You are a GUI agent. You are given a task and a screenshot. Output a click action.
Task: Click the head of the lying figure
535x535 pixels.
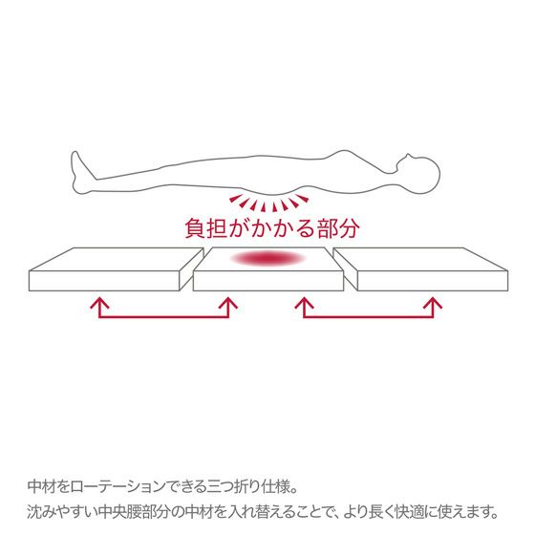(x=419, y=174)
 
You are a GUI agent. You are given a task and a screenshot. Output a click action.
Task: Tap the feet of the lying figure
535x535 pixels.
(x=80, y=173)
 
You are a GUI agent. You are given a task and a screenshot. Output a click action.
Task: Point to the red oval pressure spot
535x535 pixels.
(x=268, y=258)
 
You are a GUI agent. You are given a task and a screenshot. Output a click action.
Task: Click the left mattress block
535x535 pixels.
(x=116, y=269)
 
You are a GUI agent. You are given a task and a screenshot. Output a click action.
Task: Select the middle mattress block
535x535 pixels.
(x=268, y=269)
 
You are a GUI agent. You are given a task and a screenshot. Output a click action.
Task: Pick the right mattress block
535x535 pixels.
(x=420, y=269)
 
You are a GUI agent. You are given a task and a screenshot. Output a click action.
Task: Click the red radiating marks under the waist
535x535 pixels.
(x=268, y=203)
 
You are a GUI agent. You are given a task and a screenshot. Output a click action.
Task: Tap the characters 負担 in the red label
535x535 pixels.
(x=206, y=228)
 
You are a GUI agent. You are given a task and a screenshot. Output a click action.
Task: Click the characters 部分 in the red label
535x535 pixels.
(x=338, y=228)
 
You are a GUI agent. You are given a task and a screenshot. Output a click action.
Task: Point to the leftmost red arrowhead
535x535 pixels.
(x=99, y=303)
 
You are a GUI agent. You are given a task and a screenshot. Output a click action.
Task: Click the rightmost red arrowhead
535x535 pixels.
(x=433, y=303)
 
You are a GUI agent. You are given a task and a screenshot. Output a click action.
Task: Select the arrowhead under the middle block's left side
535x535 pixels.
(x=228, y=303)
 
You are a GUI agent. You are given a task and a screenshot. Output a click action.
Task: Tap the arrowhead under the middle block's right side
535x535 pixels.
(x=304, y=303)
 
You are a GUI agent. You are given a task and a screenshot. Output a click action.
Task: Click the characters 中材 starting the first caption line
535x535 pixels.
(x=41, y=486)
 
